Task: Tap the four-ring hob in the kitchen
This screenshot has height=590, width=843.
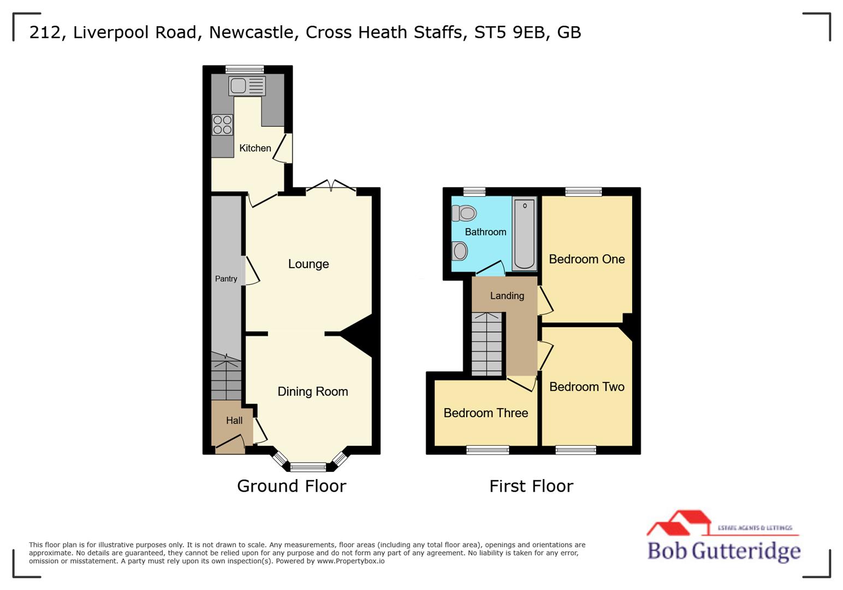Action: pos(222,125)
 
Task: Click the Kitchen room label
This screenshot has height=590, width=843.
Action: pos(255,148)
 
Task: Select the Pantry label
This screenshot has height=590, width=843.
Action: pos(226,279)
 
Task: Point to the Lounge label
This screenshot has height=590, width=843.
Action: pos(308,264)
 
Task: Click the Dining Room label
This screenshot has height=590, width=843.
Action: pos(312,391)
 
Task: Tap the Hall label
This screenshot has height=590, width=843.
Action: pos(234,420)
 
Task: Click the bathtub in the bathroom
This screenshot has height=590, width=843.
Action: pos(524,234)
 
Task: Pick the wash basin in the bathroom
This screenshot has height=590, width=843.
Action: pos(460,251)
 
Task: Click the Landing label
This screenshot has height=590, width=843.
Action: pos(507,296)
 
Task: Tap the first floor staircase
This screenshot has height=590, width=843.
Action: pos(486,344)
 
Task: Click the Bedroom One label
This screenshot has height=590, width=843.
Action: pos(586,259)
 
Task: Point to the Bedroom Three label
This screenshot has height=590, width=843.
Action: pos(485,413)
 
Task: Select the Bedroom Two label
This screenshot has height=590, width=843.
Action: pos(586,387)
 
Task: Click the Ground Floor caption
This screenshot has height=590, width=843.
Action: pos(292,486)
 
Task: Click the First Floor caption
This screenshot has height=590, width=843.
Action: pos(531,486)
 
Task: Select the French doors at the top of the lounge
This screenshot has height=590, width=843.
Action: pos(331,187)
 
